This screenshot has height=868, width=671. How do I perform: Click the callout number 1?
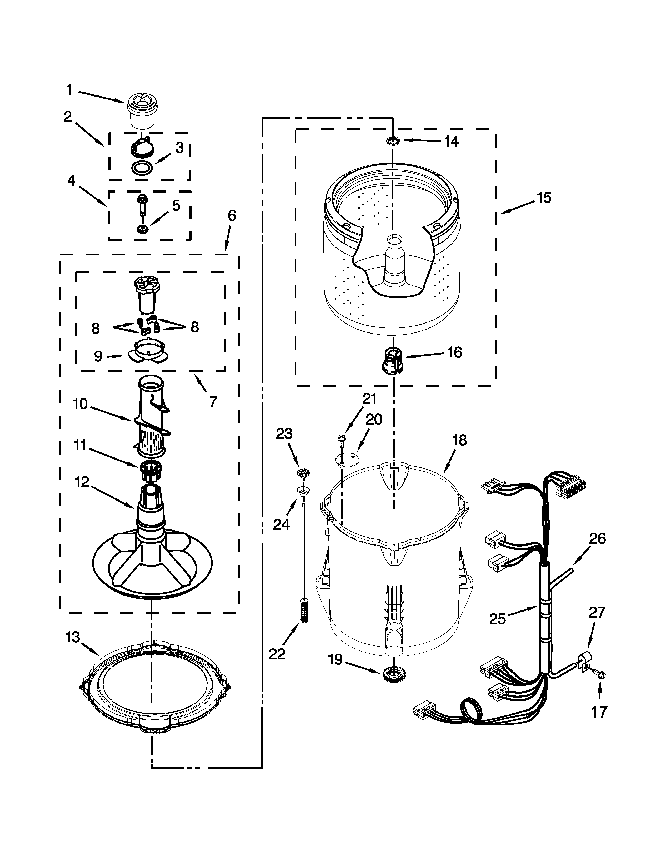coord(69,90)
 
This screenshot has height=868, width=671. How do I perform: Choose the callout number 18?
coord(459,440)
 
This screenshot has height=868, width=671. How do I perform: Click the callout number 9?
coord(98,356)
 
